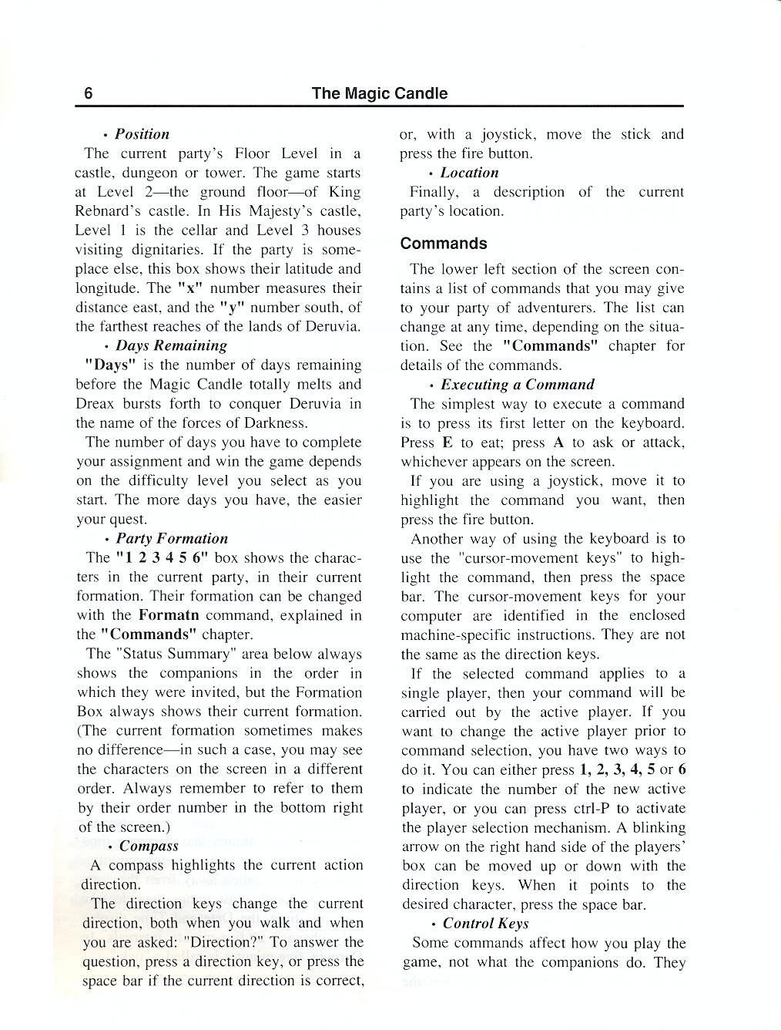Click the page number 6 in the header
pyautogui.click(x=89, y=93)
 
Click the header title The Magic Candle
pyautogui.click(x=379, y=93)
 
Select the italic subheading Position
pyautogui.click(x=142, y=134)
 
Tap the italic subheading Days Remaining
pyautogui.click(x=171, y=345)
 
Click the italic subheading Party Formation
pyautogui.click(x=172, y=538)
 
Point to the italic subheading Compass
pyautogui.click(x=149, y=846)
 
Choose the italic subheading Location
pyautogui.click(x=469, y=173)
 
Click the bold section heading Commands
pyautogui.click(x=444, y=244)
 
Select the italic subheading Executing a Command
pyautogui.click(x=518, y=384)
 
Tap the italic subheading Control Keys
pyautogui.click(x=485, y=923)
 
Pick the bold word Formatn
pyautogui.click(x=169, y=615)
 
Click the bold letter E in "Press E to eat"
pyautogui.click(x=447, y=443)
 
